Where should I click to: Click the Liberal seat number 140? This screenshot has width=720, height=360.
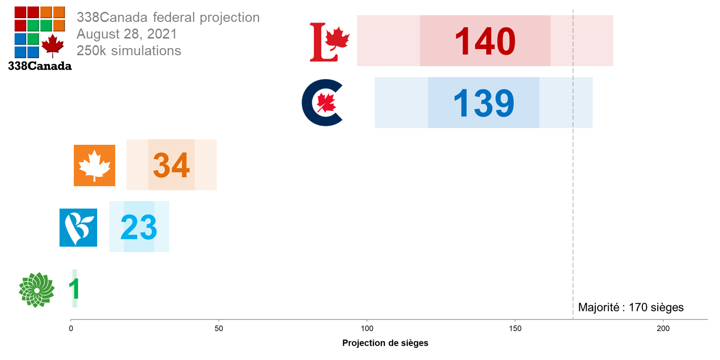485,41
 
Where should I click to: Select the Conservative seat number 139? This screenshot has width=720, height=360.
483,103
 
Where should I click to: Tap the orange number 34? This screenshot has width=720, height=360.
171,165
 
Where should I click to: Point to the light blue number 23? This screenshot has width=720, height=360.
139,227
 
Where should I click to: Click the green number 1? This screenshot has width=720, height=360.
74,289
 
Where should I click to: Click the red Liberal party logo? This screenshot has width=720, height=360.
329,42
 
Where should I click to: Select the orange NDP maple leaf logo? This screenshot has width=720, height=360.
94,165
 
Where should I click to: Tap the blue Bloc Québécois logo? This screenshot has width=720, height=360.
78,228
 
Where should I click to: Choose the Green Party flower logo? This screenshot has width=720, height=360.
36,290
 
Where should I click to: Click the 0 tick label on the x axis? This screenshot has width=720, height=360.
71,329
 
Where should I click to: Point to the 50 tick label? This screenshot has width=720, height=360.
219,329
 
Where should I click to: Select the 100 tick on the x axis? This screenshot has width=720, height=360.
367,329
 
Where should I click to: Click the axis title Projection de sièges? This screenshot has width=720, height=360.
385,343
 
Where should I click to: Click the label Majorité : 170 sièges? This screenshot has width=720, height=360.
630,307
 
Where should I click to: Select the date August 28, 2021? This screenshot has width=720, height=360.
127,34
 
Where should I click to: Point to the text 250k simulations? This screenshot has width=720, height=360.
129,50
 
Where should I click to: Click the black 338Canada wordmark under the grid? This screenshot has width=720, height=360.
40,66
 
